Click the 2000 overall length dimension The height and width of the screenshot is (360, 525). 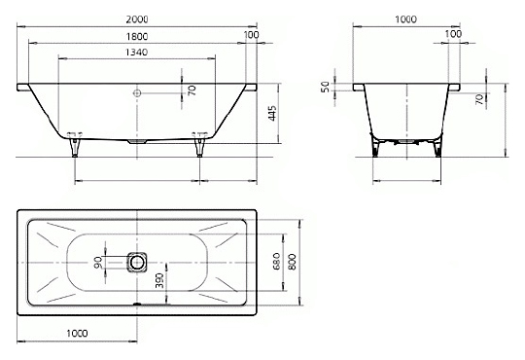tap(137, 19)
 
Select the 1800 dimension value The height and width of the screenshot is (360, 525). tap(137, 36)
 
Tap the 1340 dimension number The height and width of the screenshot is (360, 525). tap(137, 53)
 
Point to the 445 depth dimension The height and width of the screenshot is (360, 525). tap(272, 113)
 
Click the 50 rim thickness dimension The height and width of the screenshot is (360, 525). tap(326, 88)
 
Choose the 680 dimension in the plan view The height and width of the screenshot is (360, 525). tap(276, 262)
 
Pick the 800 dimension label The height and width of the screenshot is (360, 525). tap(293, 262)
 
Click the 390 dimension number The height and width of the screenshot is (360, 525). tap(159, 280)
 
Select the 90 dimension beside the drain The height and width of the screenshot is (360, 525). tap(98, 263)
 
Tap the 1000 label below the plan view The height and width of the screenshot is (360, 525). tap(78, 333)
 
